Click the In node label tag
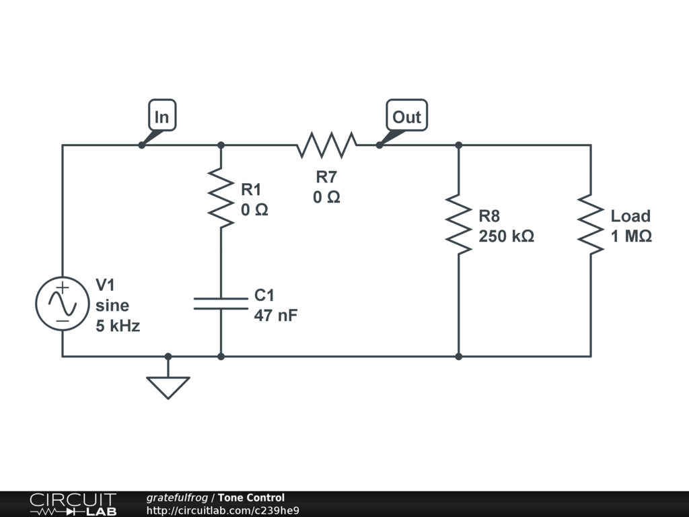pos(162,115)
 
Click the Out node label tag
pos(407,115)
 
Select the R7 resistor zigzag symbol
pos(326,145)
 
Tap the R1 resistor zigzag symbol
pos(221,197)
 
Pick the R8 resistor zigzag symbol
pos(459,224)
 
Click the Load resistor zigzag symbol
pos(591,224)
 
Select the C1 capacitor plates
pos(221,304)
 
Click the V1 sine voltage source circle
pos(63,304)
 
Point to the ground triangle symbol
pos(168,387)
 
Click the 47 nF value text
pos(275,315)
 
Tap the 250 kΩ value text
pos(506,236)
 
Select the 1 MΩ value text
pos(631,236)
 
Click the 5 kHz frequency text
pos(118,326)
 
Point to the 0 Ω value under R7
pos(326,197)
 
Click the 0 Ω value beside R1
pos(254,210)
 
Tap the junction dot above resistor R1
pos(221,145)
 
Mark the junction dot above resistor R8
pos(459,145)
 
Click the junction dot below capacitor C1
pos(221,357)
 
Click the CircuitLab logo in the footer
pos(73,504)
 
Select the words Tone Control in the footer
pos(252,497)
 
